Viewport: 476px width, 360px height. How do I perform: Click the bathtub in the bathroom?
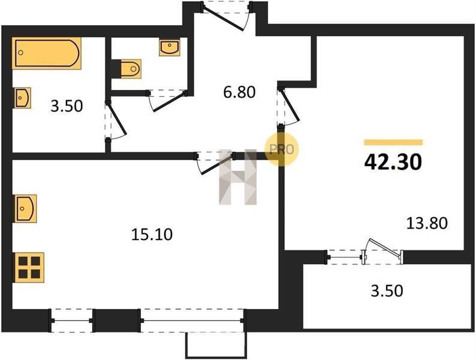tap(47, 53)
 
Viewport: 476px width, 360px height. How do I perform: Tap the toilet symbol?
tap(131, 68)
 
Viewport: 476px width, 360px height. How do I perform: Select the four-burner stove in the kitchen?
tap(29, 268)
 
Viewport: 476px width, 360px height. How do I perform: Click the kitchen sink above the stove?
tap(26, 208)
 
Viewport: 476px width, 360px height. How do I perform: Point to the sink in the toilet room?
tap(170, 47)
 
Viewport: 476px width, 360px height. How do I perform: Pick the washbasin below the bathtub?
tap(22, 98)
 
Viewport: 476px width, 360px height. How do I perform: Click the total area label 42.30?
tap(393, 162)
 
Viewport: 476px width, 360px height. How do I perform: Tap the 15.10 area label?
tap(152, 234)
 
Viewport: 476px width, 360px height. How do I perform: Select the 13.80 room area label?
tap(427, 223)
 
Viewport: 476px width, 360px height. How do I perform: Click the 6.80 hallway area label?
tap(239, 92)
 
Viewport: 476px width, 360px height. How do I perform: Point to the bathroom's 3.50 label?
tap(67, 106)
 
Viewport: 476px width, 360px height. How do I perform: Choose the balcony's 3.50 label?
tap(387, 291)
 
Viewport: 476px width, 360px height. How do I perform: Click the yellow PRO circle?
tap(281, 149)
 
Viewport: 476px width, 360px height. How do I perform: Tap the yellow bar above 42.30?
tap(393, 142)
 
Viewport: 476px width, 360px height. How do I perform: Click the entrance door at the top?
tap(227, 15)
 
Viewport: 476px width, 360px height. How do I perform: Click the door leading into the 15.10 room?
tap(216, 163)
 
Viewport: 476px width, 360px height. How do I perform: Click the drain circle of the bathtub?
tap(20, 53)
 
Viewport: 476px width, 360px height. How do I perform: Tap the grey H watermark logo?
tap(238, 177)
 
